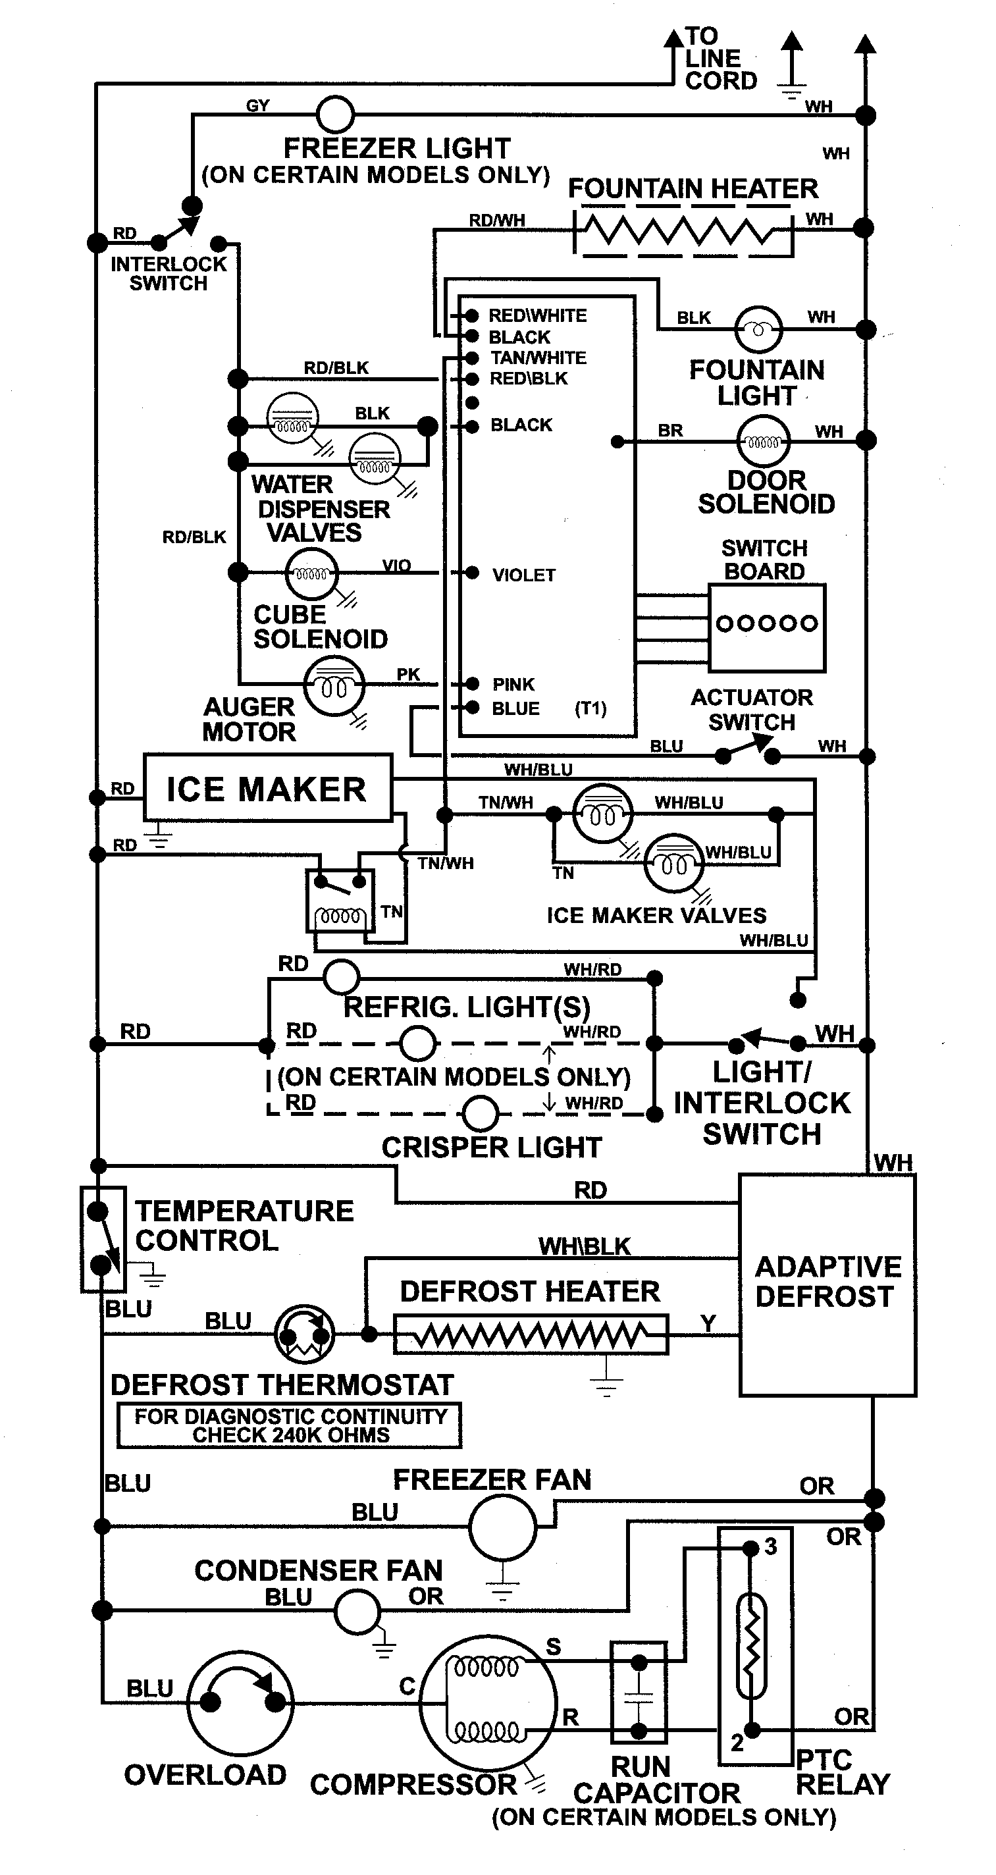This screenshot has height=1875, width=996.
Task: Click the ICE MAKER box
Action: click(x=267, y=788)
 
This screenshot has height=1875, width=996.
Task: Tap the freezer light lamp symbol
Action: click(x=336, y=115)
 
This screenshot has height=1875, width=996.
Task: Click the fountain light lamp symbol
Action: click(x=758, y=329)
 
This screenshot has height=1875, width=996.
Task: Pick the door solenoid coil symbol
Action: click(x=763, y=440)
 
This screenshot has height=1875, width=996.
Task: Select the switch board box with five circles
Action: click(x=767, y=627)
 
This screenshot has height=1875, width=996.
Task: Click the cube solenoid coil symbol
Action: click(x=311, y=573)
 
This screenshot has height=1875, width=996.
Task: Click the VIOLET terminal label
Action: click(x=523, y=575)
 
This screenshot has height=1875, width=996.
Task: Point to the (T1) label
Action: click(x=590, y=708)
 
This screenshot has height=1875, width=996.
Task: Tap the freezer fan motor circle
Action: click(x=502, y=1527)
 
